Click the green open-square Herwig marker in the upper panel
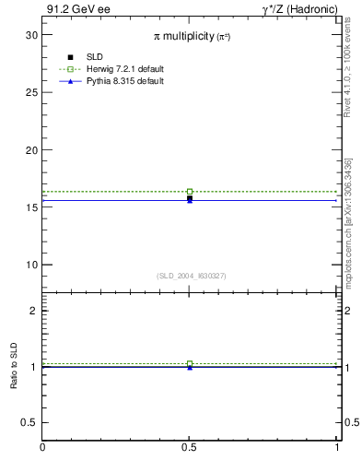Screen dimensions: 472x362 pos(190,192)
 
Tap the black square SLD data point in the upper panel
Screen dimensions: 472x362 pos(190,198)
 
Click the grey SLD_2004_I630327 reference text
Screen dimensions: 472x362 pos(191,276)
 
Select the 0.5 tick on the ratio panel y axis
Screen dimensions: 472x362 pos(32,422)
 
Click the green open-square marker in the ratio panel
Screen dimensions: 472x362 pos(190,363)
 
